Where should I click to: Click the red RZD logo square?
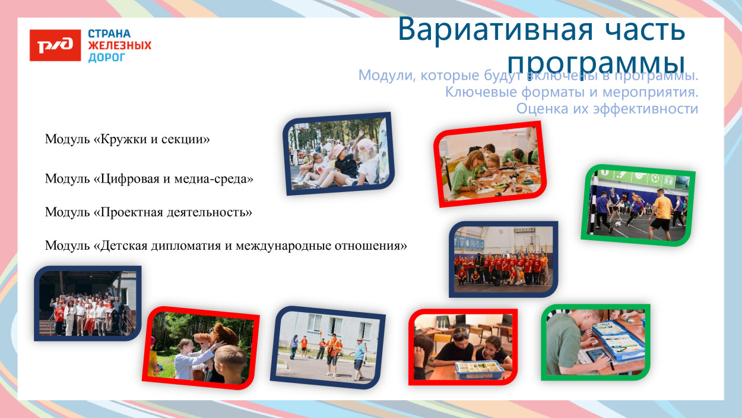(55, 45)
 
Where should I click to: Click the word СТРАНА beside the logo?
(109, 34)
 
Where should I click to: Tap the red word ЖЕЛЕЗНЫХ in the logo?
(119, 46)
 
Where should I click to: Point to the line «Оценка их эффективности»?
(607, 109)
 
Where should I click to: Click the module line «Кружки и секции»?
(128, 140)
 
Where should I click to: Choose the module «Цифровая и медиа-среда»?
(149, 178)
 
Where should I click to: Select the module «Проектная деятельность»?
(148, 212)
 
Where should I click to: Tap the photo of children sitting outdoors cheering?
(337, 153)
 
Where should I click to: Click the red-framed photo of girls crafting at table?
(490, 164)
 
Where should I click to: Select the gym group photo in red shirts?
(503, 259)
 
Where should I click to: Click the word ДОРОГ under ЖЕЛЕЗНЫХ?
(107, 58)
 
